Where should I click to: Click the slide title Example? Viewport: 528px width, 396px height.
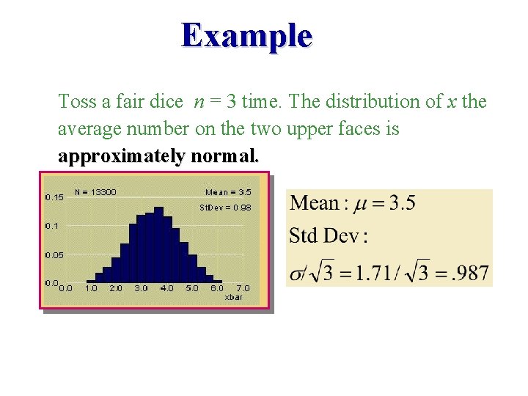[x=247, y=34]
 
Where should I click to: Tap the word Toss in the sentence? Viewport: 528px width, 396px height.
[x=76, y=101]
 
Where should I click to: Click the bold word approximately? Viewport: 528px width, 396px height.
[x=122, y=156]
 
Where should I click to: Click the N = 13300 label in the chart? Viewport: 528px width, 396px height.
[x=95, y=192]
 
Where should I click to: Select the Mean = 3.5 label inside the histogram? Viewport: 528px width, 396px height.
[x=228, y=192]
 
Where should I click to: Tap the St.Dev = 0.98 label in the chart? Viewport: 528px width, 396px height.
[x=225, y=208]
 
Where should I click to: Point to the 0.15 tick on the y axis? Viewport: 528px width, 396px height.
[x=54, y=197]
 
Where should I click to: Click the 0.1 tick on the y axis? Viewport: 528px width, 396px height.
[x=52, y=226]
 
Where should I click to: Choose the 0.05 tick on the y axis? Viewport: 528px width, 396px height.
[x=54, y=255]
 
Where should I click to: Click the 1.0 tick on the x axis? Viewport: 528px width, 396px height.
[x=92, y=288]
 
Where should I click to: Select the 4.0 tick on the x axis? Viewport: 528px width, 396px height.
[x=166, y=288]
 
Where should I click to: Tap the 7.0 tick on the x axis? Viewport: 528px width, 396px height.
[x=243, y=288]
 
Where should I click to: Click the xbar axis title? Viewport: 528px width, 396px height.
[x=234, y=298]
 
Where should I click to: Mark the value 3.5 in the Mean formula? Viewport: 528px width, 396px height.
[x=401, y=203]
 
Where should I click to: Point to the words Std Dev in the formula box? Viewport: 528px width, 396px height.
[x=323, y=236]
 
